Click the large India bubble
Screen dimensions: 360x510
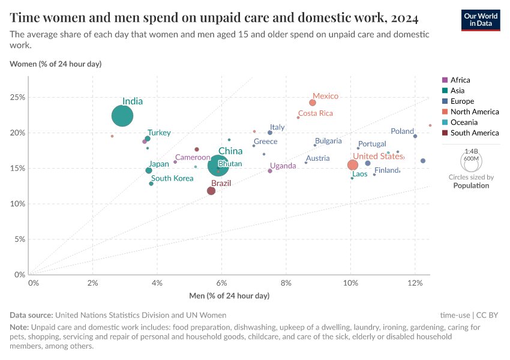point(122,116)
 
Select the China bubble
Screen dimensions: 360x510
point(218,166)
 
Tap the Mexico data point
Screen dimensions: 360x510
point(313,103)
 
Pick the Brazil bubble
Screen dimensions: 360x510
point(211,191)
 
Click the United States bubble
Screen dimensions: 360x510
point(353,165)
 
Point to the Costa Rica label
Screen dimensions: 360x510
point(316,113)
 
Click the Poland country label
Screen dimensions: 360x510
point(402,131)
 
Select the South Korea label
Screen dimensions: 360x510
point(172,178)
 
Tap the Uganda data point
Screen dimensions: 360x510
point(270,171)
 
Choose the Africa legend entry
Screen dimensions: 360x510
point(460,80)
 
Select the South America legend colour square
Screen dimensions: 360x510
point(445,133)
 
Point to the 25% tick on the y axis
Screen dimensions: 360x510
point(18,97)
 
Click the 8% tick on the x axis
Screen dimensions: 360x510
point(286,283)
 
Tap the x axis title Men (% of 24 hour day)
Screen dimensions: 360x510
point(229,296)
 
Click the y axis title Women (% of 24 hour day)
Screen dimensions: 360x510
point(56,64)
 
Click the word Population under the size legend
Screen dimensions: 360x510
point(471,185)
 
